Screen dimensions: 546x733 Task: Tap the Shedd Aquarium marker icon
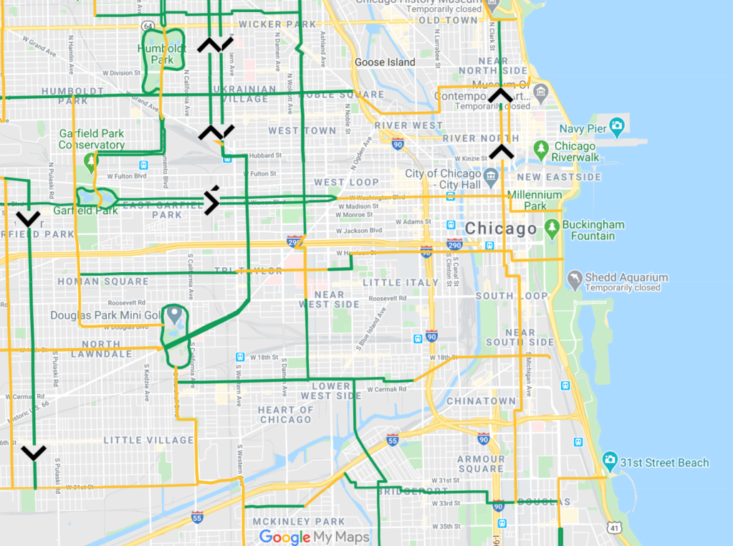point(575,278)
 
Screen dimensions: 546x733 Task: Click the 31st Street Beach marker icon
point(610,459)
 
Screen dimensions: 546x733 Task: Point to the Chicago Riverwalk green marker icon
point(542,150)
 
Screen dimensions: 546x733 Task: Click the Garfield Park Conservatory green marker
point(90,161)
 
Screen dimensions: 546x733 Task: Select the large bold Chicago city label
point(500,229)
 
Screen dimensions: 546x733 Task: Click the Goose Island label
point(385,62)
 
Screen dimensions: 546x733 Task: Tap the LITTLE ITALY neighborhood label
point(401,282)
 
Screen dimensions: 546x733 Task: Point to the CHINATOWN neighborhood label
point(481,401)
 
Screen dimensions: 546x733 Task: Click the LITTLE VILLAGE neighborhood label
point(149,440)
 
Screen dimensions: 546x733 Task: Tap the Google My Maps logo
point(315,537)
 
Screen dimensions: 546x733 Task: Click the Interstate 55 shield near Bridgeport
point(392,439)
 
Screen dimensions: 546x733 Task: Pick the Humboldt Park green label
point(161,54)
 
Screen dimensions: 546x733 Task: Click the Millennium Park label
point(535,200)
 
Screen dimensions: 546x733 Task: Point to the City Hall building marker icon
point(491,175)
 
